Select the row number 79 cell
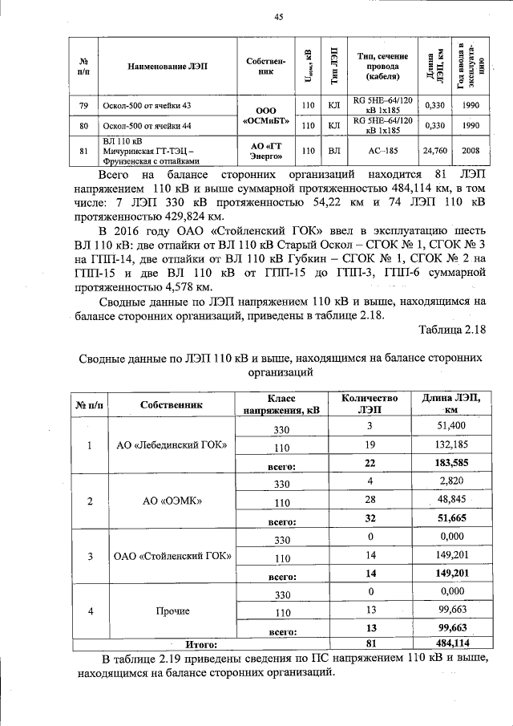(83, 106)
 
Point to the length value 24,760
(434, 150)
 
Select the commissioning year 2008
(471, 150)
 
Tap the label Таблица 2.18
(452, 331)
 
